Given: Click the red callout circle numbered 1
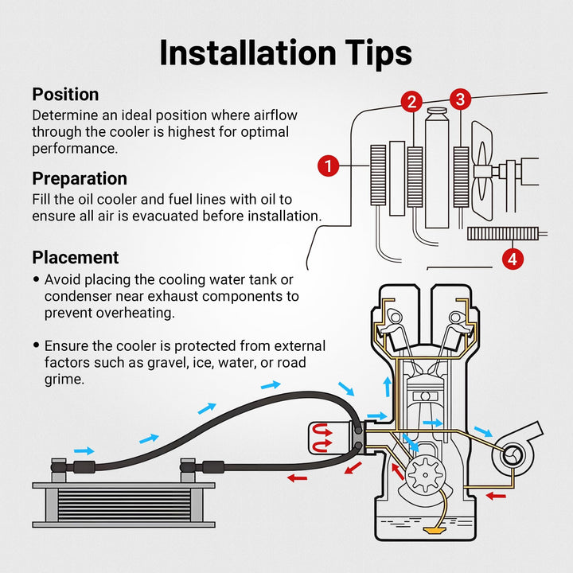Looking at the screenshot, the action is click(x=328, y=166).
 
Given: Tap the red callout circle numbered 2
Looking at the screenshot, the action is click(x=412, y=102).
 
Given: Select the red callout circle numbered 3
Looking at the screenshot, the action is click(x=461, y=99).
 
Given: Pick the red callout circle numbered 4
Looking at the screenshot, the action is click(x=513, y=259).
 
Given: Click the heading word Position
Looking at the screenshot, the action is click(x=65, y=94).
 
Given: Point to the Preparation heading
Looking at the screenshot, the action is click(x=80, y=179).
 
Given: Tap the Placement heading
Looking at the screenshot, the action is click(x=76, y=257).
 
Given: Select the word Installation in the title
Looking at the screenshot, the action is click(x=248, y=53).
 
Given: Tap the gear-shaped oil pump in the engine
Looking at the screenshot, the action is click(x=425, y=475).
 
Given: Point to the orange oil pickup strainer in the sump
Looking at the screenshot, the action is click(x=434, y=530).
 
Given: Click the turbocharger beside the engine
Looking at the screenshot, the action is click(x=515, y=448).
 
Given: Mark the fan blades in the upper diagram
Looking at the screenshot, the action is click(x=482, y=170).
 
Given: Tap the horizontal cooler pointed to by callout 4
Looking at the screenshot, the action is click(x=503, y=233).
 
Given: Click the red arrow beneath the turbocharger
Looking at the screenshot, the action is click(x=496, y=496).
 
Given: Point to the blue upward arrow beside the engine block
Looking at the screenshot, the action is click(x=387, y=387).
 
